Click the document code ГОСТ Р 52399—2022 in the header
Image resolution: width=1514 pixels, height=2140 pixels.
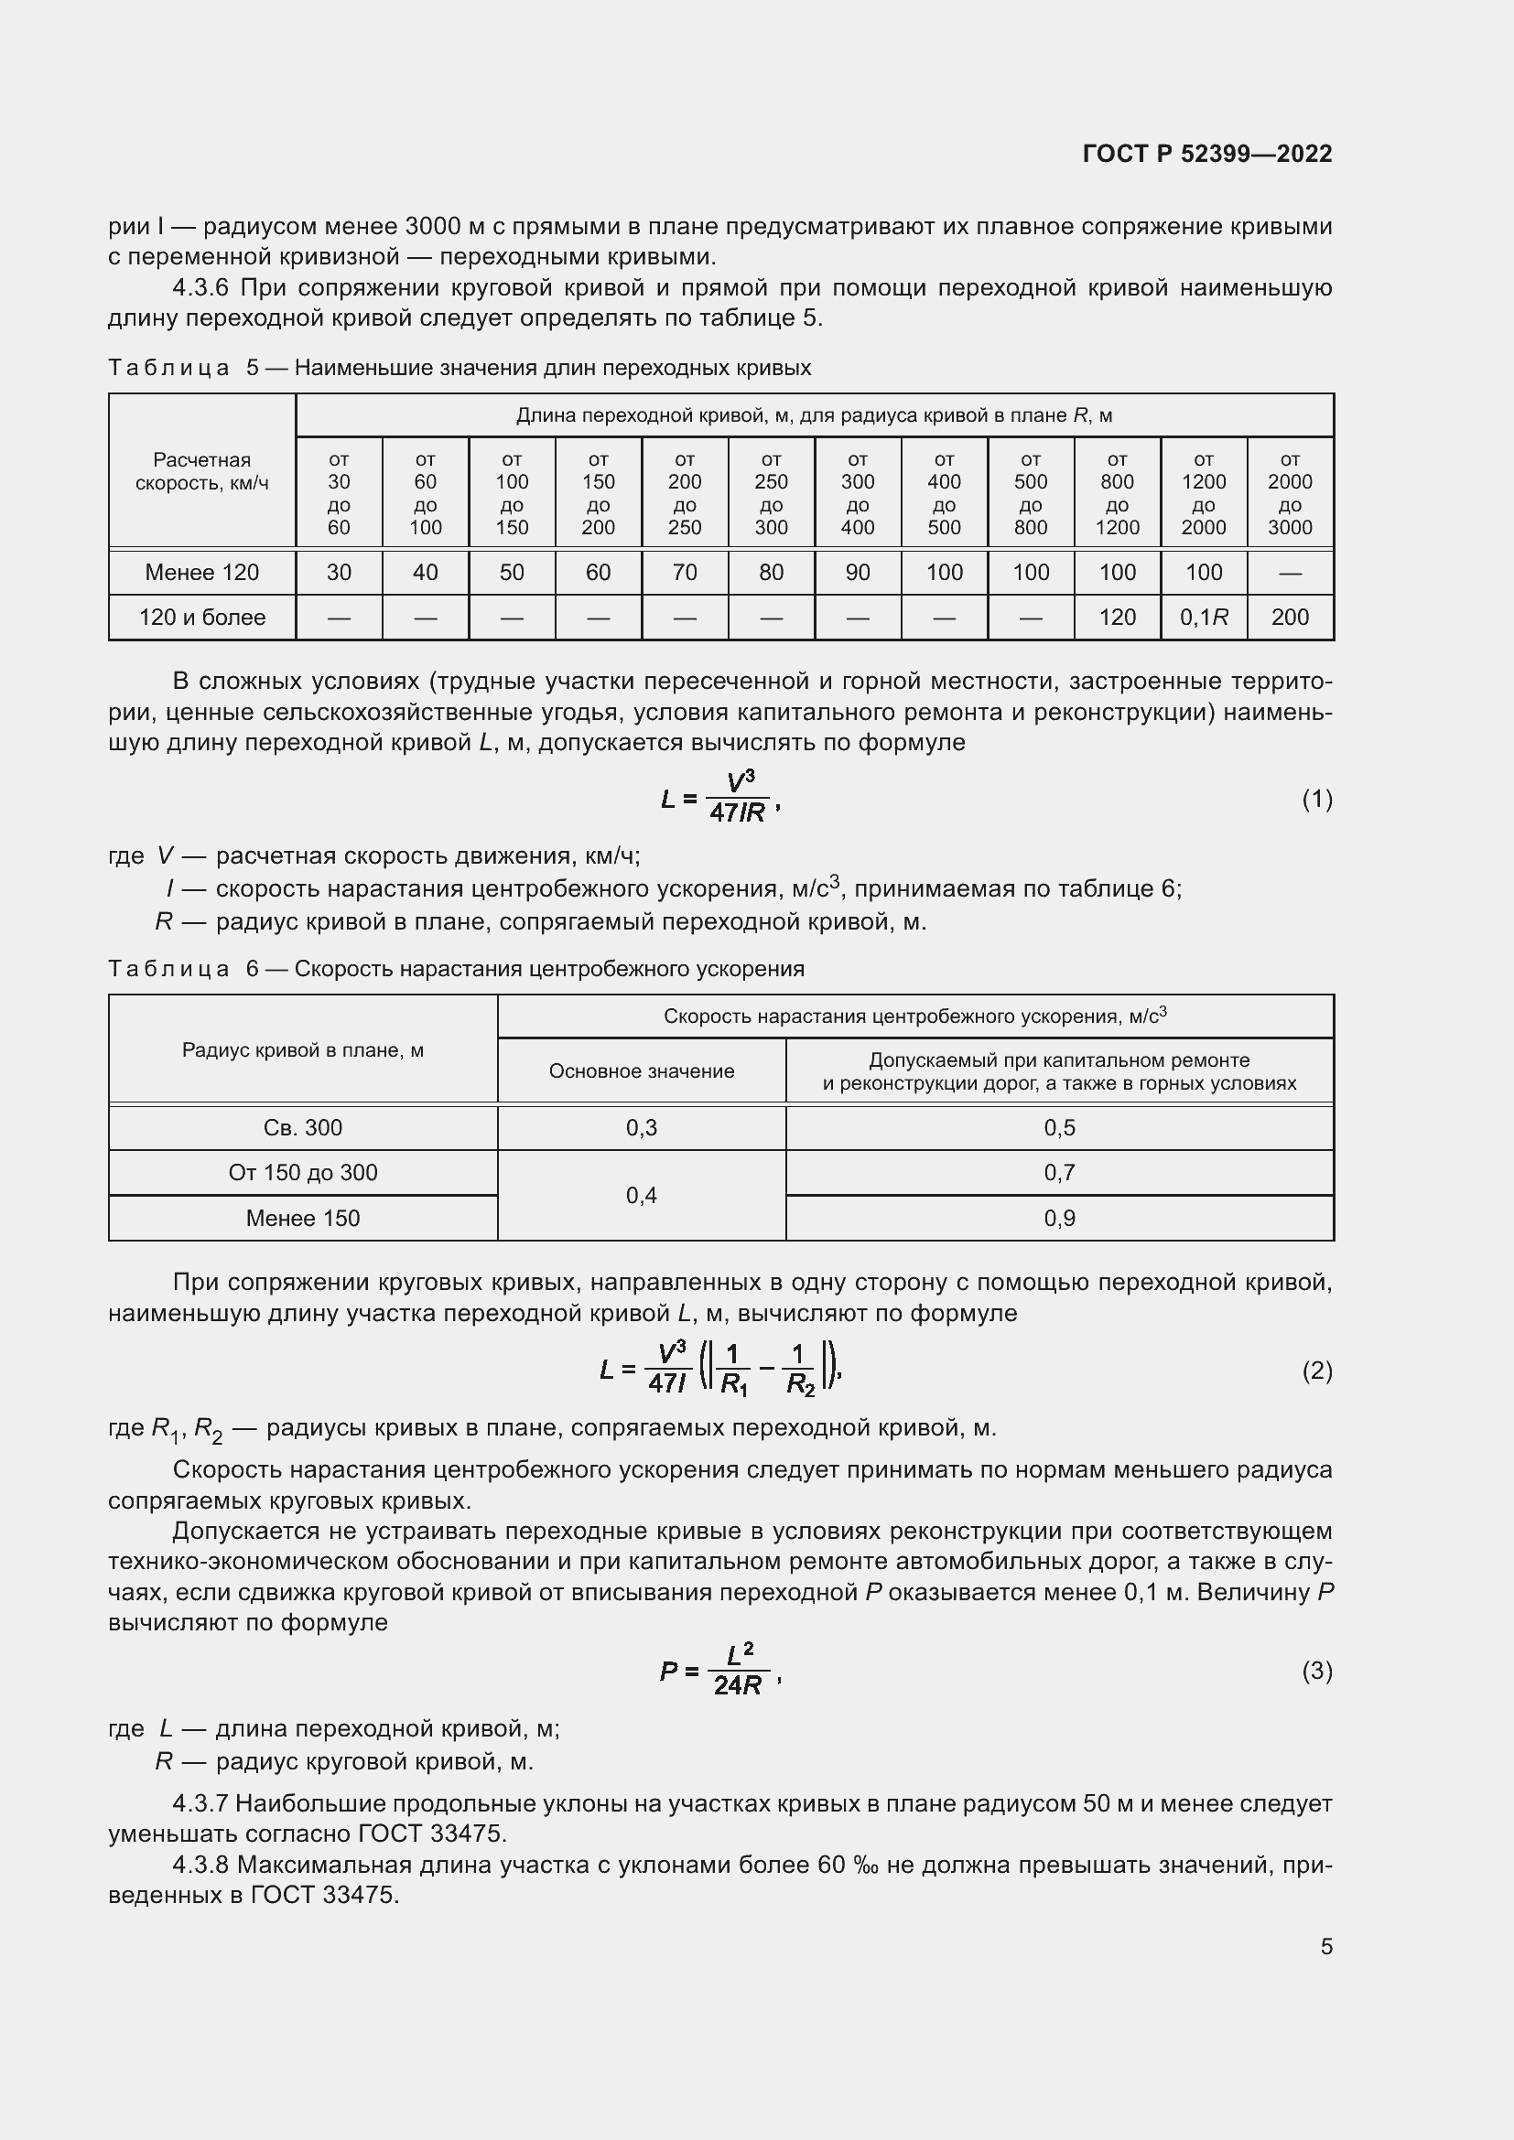1206,154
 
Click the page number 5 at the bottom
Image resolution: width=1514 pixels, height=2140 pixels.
1325,1946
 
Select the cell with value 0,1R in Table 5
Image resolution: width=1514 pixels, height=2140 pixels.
1203,617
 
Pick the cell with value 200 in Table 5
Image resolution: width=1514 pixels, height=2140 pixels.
1290,617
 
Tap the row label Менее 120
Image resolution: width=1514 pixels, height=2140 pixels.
201,572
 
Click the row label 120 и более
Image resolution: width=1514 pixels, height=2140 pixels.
201,617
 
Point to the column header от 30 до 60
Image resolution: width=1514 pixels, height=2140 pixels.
339,493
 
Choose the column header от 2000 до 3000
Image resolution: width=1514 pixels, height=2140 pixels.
1290,493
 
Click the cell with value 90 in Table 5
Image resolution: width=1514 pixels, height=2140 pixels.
857,572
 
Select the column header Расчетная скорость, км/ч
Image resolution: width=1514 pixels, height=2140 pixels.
201,471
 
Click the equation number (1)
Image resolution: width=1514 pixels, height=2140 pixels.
1316,799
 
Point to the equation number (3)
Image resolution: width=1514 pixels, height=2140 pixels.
1316,1671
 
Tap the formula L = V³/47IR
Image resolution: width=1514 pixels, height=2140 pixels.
718,799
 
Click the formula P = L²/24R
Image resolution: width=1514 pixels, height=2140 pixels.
718,1671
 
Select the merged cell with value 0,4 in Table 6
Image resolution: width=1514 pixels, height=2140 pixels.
642,1195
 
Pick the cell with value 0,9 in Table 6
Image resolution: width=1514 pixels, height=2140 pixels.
1059,1218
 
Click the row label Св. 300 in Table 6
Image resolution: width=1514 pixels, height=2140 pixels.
303,1128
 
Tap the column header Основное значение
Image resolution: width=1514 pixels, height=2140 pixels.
642,1071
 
